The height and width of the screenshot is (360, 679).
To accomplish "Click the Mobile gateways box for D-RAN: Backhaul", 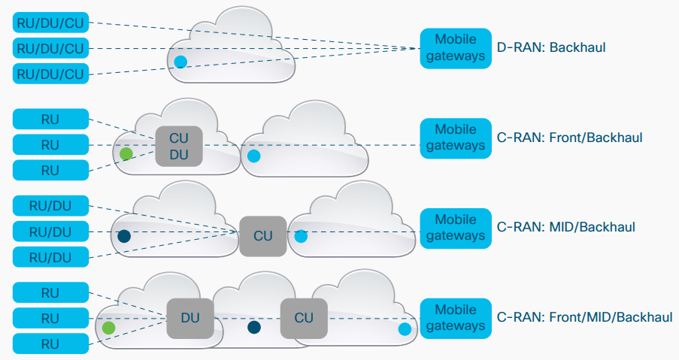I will (456, 48).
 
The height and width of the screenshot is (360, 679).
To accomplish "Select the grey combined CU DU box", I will (179, 145).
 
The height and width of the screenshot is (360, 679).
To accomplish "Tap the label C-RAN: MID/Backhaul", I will (566, 227).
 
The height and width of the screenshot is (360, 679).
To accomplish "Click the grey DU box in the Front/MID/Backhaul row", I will (189, 318).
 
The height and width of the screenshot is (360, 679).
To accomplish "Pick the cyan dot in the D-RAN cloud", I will (180, 62).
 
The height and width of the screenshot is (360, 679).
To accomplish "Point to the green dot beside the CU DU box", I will (126, 154).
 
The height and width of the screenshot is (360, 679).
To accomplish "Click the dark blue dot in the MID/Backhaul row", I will (124, 236).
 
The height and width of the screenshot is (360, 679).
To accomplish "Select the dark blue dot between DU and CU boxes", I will (254, 327).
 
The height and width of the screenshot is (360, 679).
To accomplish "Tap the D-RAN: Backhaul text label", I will (551, 48).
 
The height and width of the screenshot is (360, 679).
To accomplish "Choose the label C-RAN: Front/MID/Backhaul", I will (585, 317).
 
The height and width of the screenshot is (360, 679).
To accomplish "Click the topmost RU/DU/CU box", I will (50, 23).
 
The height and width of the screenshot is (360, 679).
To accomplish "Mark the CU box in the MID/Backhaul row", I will (263, 236).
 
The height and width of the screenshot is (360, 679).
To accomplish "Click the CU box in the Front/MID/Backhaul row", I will (304, 318).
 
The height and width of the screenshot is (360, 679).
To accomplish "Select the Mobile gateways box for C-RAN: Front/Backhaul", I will (456, 138).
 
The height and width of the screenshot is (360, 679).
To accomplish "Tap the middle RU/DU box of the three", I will (50, 231).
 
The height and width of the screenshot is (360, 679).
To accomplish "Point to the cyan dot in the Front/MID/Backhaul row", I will (405, 328).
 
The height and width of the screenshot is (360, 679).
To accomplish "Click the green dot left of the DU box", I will (108, 328).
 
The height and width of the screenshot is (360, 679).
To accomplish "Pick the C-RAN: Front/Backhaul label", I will (570, 138).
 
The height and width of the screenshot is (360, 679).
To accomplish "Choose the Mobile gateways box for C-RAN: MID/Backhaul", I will (456, 227).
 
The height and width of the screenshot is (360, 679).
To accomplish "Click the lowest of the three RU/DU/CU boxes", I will (50, 74).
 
